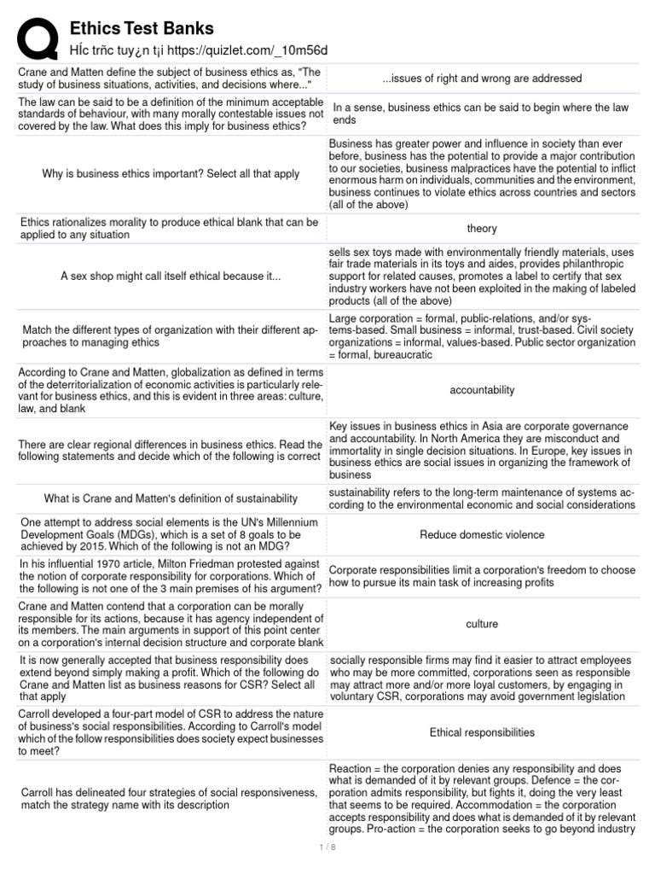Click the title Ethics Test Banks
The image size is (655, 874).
[142, 29]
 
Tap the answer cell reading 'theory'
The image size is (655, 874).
[482, 229]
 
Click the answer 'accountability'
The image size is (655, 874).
[482, 390]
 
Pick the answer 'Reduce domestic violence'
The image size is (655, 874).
[482, 535]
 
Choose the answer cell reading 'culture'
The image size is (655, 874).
[482, 624]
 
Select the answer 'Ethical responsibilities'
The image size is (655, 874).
[482, 732]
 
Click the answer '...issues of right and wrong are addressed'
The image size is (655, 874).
[482, 79]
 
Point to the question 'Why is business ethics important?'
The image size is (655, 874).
[171, 174]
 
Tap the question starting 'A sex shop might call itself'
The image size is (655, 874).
[171, 277]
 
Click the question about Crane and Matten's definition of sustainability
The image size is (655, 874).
[171, 498]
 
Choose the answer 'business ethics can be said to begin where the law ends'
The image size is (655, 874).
[482, 114]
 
